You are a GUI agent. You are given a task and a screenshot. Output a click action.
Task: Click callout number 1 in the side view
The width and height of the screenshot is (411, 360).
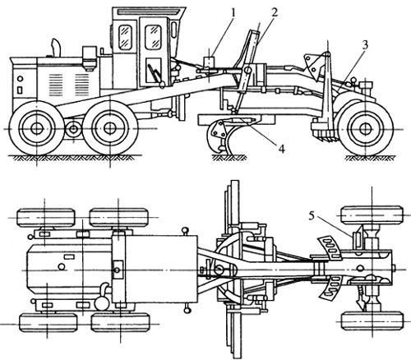(x=233, y=13)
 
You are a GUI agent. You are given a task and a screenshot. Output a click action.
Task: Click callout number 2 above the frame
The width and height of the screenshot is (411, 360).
(x=275, y=12)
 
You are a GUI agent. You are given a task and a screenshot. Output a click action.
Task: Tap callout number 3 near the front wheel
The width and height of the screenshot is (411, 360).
(x=365, y=45)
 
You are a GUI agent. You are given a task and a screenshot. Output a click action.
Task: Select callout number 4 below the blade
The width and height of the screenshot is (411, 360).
(x=281, y=149)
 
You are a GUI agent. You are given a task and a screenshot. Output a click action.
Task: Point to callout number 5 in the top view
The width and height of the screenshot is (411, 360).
(x=312, y=216)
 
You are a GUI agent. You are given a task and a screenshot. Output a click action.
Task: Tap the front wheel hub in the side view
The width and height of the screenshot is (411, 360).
(x=364, y=129)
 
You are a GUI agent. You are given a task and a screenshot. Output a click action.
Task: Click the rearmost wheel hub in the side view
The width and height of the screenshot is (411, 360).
(x=36, y=129)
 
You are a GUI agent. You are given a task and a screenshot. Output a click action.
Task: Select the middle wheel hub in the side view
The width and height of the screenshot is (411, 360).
(x=109, y=129)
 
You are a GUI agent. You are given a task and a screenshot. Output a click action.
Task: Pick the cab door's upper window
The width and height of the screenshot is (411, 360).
(x=153, y=37)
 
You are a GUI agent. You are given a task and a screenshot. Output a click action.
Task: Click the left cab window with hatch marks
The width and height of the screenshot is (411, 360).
(x=125, y=37)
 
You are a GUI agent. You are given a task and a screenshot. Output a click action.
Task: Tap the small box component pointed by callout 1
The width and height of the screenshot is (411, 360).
(x=209, y=62)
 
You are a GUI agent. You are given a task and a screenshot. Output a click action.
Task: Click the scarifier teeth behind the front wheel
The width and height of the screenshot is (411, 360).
(x=325, y=133)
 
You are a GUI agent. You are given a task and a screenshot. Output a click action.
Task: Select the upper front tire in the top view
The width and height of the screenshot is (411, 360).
(x=372, y=215)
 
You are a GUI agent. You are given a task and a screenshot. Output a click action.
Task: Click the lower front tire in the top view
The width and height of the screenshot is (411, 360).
(x=372, y=321)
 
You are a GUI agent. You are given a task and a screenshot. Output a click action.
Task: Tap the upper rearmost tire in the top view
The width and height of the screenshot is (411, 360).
(x=46, y=218)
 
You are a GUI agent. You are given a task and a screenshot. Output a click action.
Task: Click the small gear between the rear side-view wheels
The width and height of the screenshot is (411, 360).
(x=73, y=130)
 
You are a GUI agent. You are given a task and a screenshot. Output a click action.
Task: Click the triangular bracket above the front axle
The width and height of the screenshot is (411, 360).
(x=312, y=65)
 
